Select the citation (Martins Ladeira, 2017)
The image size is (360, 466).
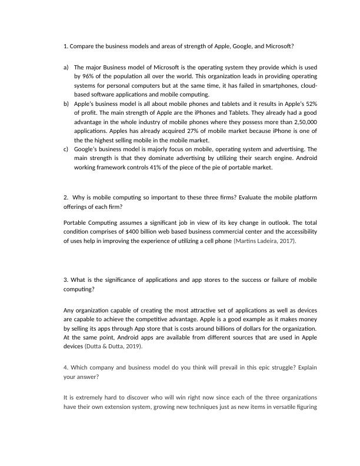[265, 241]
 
